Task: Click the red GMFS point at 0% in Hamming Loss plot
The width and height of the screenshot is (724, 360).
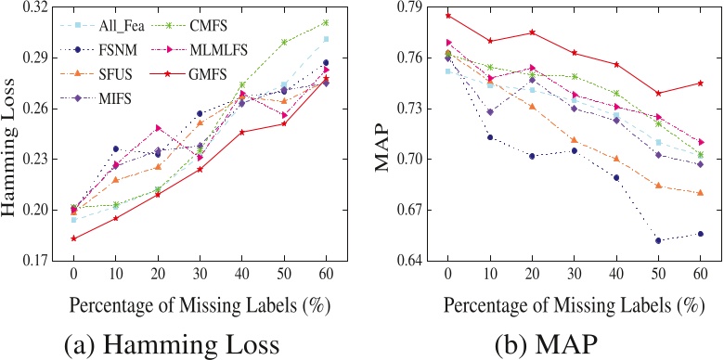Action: coord(72,238)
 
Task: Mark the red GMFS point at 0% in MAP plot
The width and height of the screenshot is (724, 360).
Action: coord(447,15)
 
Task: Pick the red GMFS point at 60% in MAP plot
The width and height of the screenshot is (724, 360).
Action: coord(701,83)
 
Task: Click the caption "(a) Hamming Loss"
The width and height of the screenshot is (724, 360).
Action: coord(173,344)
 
